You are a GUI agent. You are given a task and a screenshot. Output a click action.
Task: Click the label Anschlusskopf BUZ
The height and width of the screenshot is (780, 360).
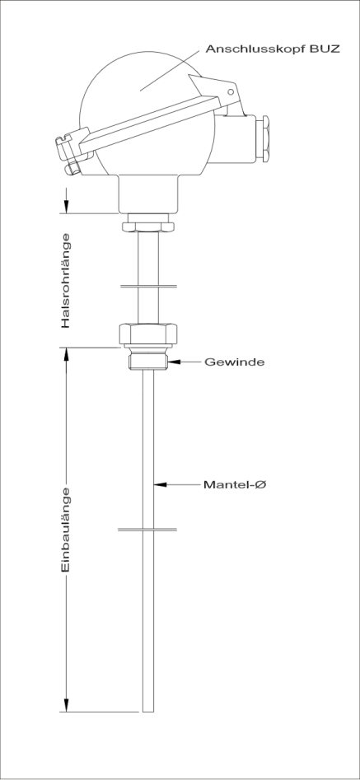[273, 49]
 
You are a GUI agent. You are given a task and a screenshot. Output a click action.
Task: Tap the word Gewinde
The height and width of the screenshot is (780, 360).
[235, 362]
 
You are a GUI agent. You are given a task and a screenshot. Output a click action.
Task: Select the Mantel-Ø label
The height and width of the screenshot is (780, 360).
[235, 484]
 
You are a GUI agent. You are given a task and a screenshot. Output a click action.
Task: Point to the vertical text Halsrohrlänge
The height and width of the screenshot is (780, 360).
[66, 281]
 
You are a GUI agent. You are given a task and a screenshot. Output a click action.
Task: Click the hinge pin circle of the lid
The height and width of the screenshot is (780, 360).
[230, 92]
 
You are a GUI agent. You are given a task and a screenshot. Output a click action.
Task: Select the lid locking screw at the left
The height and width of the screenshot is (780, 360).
[73, 166]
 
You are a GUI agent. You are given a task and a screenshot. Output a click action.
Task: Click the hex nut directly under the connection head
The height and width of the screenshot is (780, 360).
[148, 227]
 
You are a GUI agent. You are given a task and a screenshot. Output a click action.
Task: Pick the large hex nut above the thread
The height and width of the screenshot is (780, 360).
[148, 334]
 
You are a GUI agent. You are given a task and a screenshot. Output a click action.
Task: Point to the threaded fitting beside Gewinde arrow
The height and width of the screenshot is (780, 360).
[148, 361]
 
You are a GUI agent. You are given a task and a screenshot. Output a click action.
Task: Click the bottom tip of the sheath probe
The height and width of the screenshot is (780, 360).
[148, 712]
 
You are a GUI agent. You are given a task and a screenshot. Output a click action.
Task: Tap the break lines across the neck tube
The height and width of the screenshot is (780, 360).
[147, 287]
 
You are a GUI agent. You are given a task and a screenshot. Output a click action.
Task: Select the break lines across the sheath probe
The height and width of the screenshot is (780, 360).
[147, 530]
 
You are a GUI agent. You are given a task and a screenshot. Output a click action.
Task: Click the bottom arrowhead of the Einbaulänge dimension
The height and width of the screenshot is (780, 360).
[66, 705]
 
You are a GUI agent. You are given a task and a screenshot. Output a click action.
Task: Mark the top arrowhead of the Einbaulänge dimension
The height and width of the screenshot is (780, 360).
[66, 355]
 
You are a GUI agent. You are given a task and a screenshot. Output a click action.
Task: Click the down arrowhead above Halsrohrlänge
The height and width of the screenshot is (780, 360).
[66, 206]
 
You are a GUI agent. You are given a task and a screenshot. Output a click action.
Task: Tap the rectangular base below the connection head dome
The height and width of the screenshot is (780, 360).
[148, 194]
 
